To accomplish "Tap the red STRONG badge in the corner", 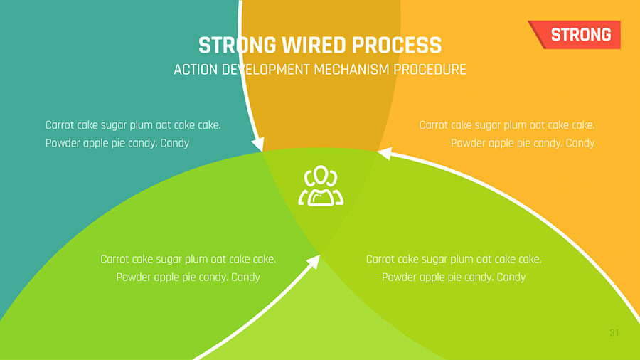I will tap(580, 34).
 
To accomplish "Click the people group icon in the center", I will tap(321, 186).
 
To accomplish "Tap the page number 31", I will tap(614, 333).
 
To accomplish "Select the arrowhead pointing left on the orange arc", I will tap(383, 153).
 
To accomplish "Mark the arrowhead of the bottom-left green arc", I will tap(313, 263).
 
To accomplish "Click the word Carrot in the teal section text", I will tap(60, 125).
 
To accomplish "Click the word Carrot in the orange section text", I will tap(434, 125).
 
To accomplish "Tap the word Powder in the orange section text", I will tap(467, 143).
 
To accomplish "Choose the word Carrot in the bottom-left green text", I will tap(116, 259).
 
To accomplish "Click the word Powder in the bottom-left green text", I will tap(133, 277).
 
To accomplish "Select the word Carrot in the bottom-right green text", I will tap(381, 259).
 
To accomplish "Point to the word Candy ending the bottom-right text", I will tap(511, 277).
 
